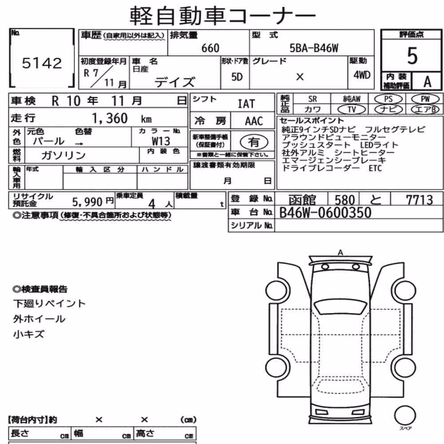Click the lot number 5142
pyautogui.click(x=42, y=63)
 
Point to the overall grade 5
pyautogui.click(x=412, y=56)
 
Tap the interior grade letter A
pyautogui.click(x=427, y=82)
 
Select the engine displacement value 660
pyautogui.click(x=210, y=48)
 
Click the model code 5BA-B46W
pyautogui.click(x=314, y=48)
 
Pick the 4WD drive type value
pyautogui.click(x=362, y=75)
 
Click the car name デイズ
pyautogui.click(x=174, y=82)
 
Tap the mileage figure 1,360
pyautogui.click(x=110, y=119)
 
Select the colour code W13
pyautogui.click(x=161, y=141)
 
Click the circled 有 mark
pyautogui.click(x=254, y=142)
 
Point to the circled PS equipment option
pyautogui.click(x=388, y=99)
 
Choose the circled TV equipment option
pyautogui.click(x=352, y=109)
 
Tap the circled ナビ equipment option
pyautogui.click(x=388, y=109)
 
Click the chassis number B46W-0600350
pyautogui.click(x=325, y=213)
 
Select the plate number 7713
pyautogui.click(x=420, y=200)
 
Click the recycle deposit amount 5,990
pyautogui.click(x=87, y=202)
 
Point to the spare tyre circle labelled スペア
pyautogui.click(x=405, y=416)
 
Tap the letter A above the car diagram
pyautogui.click(x=341, y=252)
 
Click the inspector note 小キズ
pyautogui.click(x=28, y=334)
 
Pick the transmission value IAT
pyautogui.click(x=246, y=104)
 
